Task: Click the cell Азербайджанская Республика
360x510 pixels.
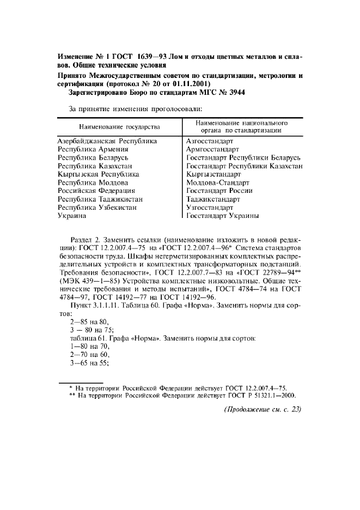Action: click(107, 141)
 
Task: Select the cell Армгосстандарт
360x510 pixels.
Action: click(212, 149)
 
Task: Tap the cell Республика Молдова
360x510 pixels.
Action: click(93, 183)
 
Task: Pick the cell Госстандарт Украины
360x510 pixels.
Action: click(222, 216)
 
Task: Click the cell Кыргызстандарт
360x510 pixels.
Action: click(213, 174)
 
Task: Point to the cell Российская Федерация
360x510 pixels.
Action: click(96, 191)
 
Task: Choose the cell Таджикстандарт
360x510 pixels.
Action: click(213, 199)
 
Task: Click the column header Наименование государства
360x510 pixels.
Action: click(119, 127)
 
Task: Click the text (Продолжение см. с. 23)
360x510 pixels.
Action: click(263, 410)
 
